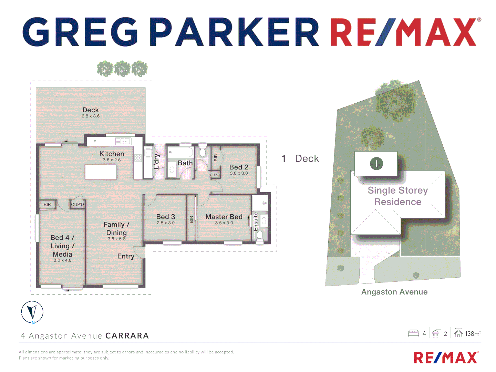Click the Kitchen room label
112,154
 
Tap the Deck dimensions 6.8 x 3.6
91,116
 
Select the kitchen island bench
101,172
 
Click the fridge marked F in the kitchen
94,142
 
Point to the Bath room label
185,163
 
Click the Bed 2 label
239,167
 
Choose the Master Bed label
224,217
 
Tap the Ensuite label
256,221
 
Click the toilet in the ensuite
260,236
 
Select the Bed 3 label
166,217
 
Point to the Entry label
126,256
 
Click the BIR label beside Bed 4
47,205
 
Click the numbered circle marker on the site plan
376,164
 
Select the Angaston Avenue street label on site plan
394,292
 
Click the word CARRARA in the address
127,336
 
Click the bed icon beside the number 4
413,333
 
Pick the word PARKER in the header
236,32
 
